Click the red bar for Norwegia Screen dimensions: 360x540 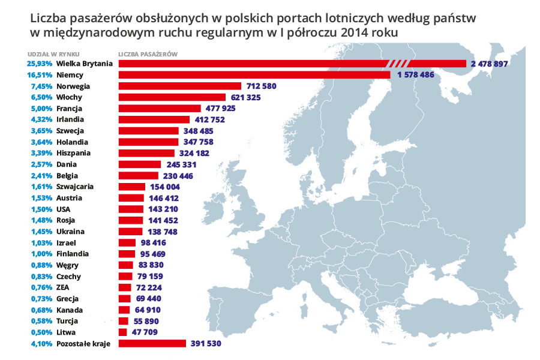tap(179, 86)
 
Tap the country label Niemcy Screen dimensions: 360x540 tap(70, 74)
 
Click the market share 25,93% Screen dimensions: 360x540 tap(40, 64)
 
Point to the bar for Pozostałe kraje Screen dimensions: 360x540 tap(152, 343)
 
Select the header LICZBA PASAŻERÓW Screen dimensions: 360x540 tap(147, 53)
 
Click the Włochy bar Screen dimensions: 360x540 tap(172, 97)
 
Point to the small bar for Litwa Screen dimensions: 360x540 tap(123, 332)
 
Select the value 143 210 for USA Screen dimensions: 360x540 tap(163, 209)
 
